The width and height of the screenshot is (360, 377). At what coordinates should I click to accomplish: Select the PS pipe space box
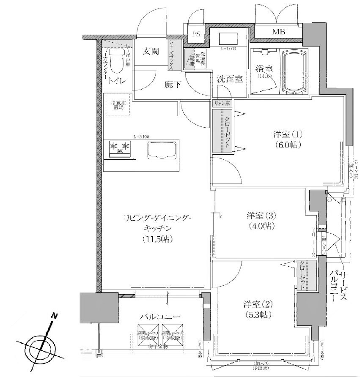[196, 35]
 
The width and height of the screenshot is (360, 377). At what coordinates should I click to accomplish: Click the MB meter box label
[278, 32]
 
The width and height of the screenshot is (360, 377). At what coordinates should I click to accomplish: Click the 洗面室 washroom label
[230, 79]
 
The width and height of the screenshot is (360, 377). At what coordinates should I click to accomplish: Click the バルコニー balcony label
[161, 317]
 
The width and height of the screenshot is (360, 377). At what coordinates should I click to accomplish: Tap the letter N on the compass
[54, 315]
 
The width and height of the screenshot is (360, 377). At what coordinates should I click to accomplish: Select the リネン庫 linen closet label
[222, 103]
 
